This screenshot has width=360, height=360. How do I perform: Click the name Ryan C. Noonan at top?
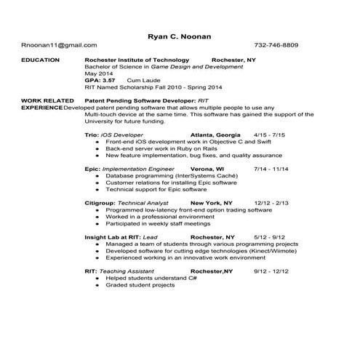[x=180, y=34]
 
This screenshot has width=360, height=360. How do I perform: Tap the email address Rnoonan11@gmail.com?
[x=53, y=45]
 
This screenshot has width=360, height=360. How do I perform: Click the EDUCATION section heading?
[x=41, y=60]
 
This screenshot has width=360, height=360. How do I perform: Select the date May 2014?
[x=98, y=73]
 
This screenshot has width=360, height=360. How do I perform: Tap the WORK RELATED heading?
[x=47, y=100]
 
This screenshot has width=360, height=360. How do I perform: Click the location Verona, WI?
[x=207, y=169]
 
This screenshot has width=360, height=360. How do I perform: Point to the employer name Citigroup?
[x=100, y=203]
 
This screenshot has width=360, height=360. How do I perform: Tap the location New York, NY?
[x=212, y=203]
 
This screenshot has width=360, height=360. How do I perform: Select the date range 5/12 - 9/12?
[x=268, y=237]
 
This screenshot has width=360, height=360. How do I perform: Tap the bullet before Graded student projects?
[x=97, y=285]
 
